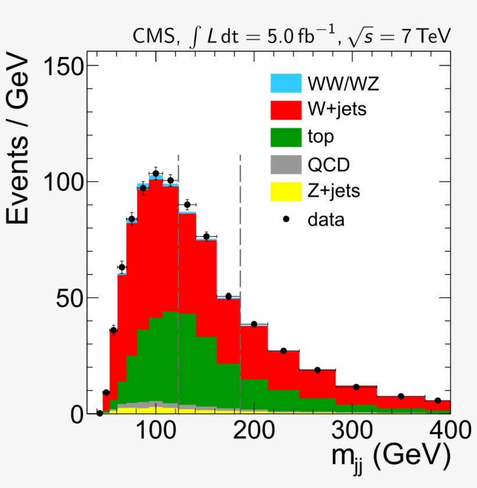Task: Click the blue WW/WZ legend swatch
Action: coord(286,83)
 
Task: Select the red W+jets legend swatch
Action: coord(286,109)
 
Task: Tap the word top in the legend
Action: coord(321,137)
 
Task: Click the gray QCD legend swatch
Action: coord(286,165)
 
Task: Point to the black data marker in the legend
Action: coord(286,219)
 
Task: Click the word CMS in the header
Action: coord(152,37)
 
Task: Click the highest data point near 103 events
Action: coord(156,173)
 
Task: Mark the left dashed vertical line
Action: coord(178,279)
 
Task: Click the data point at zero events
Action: coord(99,413)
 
